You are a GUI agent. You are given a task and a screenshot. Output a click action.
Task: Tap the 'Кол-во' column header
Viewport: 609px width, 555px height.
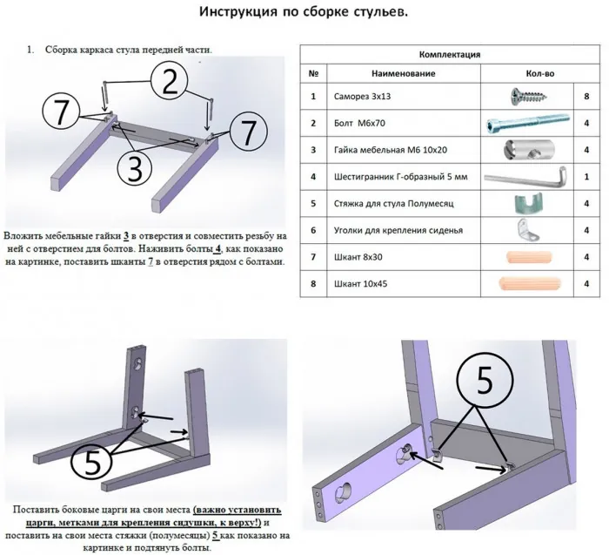537,74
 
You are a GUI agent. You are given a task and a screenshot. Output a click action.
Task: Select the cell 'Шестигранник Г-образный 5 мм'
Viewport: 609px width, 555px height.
388,177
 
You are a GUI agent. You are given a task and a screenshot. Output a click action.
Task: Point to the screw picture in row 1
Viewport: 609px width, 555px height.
527,96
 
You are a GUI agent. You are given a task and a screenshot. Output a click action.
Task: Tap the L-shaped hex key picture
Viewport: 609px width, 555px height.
527,178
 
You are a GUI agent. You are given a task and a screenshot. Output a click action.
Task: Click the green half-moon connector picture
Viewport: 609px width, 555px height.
525,204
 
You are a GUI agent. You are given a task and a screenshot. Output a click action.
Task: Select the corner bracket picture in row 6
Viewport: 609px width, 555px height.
526,230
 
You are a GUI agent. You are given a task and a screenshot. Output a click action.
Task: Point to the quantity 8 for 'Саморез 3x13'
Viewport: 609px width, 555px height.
589,97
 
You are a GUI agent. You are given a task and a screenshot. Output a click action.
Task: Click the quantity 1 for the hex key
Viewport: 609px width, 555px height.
589,177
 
